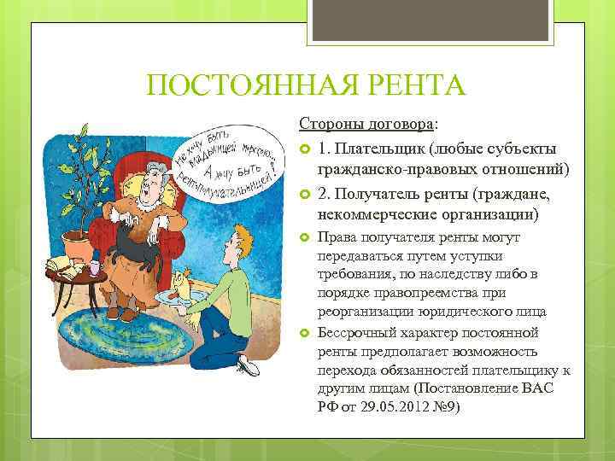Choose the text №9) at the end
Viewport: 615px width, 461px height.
click(445, 407)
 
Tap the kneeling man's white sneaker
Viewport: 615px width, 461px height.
click(248, 368)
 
